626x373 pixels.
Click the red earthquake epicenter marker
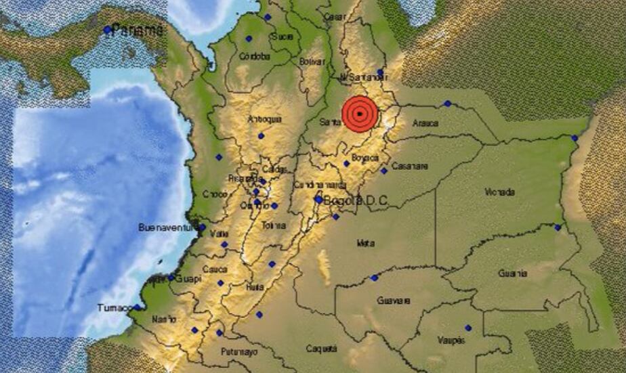click(x=359, y=113)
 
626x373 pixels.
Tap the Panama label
click(x=138, y=30)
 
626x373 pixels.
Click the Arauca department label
click(x=425, y=124)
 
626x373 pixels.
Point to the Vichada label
click(x=500, y=192)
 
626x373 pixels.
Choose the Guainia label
click(x=512, y=273)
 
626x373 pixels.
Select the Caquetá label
click(x=321, y=349)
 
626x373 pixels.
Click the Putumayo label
click(x=241, y=352)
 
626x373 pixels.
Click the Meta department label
click(x=366, y=242)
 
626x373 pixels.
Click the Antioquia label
click(x=265, y=119)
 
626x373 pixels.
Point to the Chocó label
click(x=215, y=194)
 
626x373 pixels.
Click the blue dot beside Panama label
click(x=107, y=30)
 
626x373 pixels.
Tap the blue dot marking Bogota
click(x=318, y=200)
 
